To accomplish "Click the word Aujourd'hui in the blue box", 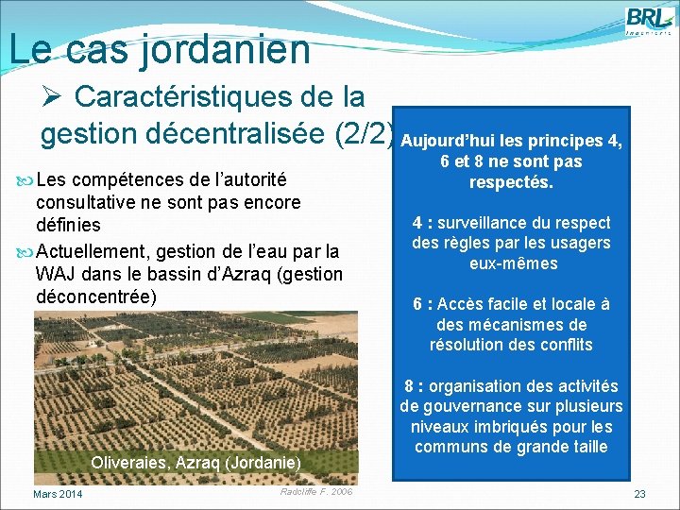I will [x=445, y=142].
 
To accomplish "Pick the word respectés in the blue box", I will [x=511, y=181].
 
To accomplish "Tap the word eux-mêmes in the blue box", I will [x=511, y=263].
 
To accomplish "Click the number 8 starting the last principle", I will [x=409, y=386].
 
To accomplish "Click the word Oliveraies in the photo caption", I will [x=127, y=463].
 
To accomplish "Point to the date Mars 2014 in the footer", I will [x=58, y=494].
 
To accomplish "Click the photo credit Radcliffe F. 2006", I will [x=316, y=492].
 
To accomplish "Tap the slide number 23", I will [x=639, y=494].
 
